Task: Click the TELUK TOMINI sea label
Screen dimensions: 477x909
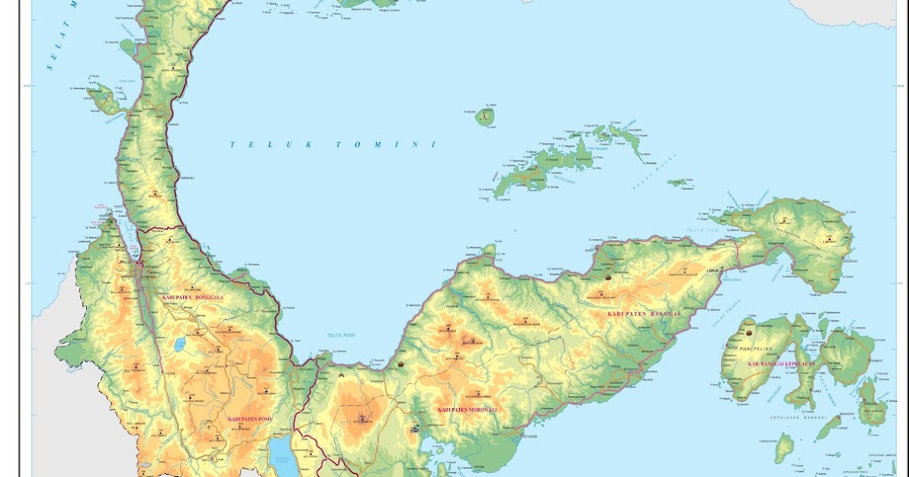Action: [333, 145]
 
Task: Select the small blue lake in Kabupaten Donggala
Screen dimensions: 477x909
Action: [180, 345]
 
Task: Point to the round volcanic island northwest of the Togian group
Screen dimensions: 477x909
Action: [484, 117]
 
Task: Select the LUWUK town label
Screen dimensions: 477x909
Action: [711, 269]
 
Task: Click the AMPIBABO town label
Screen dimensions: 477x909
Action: [186, 178]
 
